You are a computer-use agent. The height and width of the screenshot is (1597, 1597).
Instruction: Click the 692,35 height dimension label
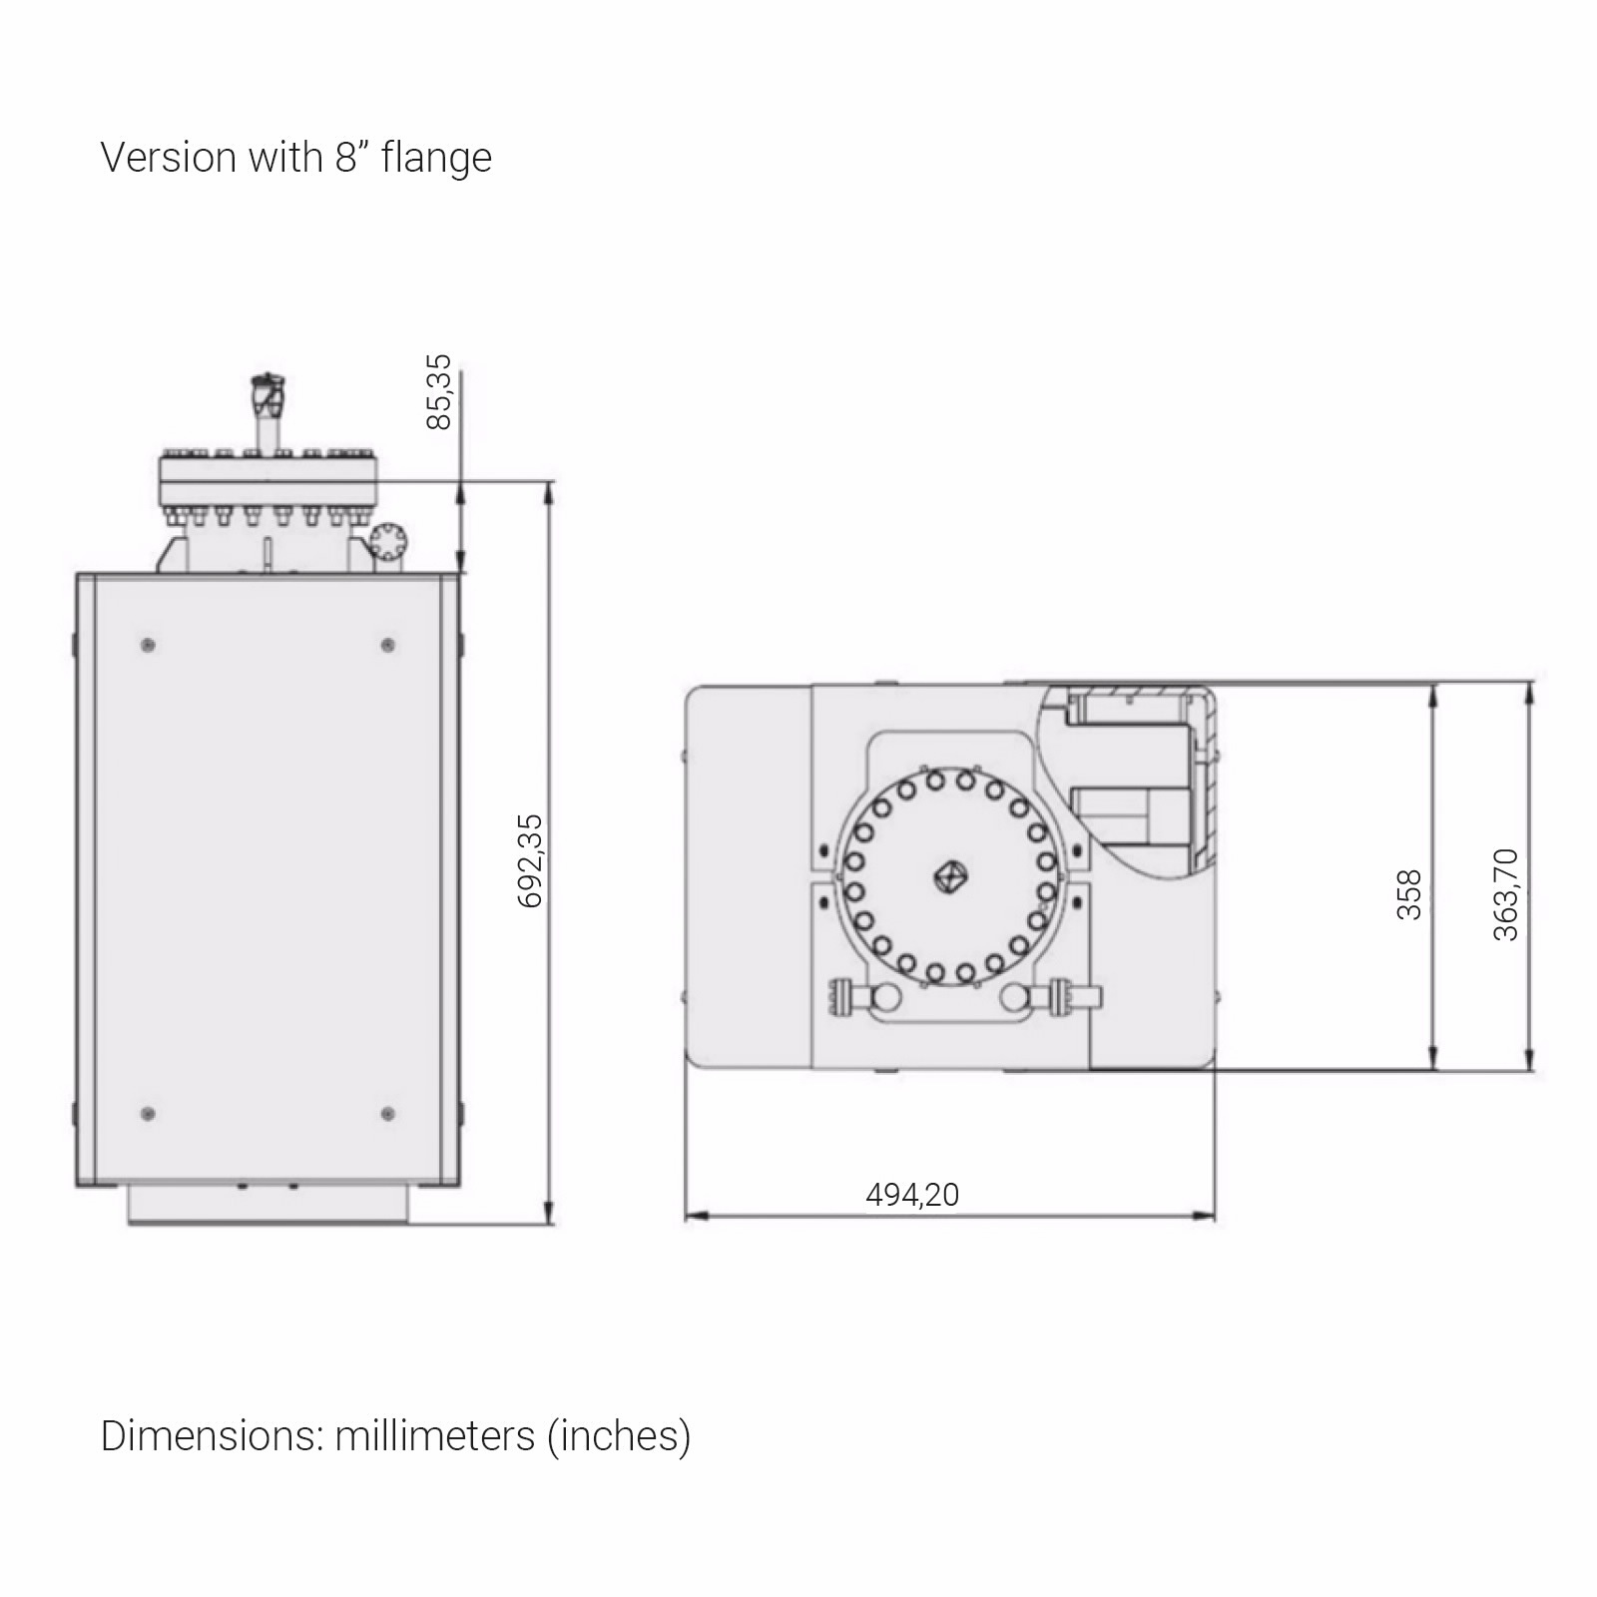531,860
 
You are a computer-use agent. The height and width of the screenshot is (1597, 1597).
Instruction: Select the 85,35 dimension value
439,391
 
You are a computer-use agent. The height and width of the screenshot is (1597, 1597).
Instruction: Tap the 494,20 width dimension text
912,1194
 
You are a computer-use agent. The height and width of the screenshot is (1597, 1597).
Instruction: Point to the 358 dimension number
1408,894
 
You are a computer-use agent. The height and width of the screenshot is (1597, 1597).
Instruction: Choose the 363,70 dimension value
1505,894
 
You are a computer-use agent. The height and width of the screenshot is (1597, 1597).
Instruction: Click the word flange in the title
436,158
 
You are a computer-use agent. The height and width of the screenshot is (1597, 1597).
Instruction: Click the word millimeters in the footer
435,1435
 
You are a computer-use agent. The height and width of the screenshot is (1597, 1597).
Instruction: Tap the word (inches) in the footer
619,1435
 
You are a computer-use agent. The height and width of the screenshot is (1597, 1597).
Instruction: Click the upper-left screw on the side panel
149,645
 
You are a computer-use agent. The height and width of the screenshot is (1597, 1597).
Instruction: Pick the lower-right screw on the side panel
388,1113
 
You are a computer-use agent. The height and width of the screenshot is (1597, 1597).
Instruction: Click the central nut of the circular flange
949,877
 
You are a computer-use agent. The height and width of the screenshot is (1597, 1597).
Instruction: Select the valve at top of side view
267,394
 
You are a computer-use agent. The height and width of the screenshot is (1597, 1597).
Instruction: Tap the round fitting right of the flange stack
387,541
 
